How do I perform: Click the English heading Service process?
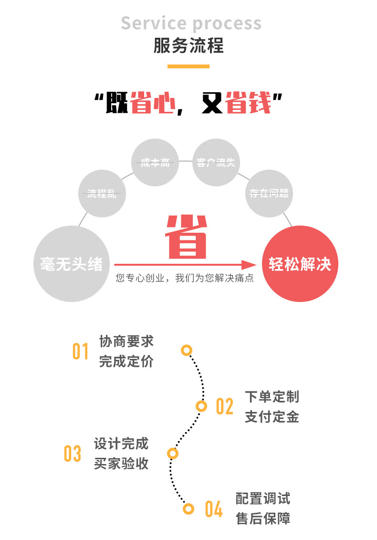coord(191,23)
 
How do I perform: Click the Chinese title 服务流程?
coord(188,46)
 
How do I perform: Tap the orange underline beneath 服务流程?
coord(188,66)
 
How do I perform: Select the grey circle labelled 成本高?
coord(155,162)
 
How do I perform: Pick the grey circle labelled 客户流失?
coord(216,162)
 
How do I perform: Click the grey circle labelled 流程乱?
coord(102,194)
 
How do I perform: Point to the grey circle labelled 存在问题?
coord(269,193)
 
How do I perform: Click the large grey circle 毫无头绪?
coord(71,264)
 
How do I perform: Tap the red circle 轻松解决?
coord(300,264)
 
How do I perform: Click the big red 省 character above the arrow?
coord(187,237)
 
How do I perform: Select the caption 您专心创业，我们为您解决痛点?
coord(185,278)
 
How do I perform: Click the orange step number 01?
coord(81,351)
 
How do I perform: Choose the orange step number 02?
coord(225,406)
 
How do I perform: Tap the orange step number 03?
coord(73,454)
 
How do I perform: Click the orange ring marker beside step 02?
coord(202,406)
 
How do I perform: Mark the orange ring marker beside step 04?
coord(189,508)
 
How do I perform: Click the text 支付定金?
coord(272,417)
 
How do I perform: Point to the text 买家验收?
coord(121,464)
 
